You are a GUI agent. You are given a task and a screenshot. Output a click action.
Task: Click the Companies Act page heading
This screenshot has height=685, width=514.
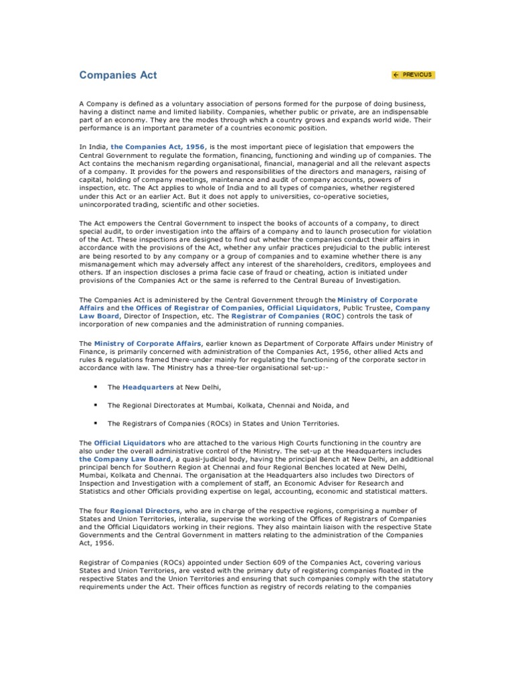pyautogui.click(x=118, y=75)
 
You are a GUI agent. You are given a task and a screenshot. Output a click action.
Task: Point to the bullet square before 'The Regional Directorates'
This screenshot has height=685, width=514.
pyautogui.click(x=97, y=405)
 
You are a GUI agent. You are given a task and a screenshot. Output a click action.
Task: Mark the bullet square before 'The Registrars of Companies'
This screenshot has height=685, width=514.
pyautogui.click(x=97, y=423)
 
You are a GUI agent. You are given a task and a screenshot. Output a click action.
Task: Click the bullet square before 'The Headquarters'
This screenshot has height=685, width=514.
pyautogui.click(x=97, y=387)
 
